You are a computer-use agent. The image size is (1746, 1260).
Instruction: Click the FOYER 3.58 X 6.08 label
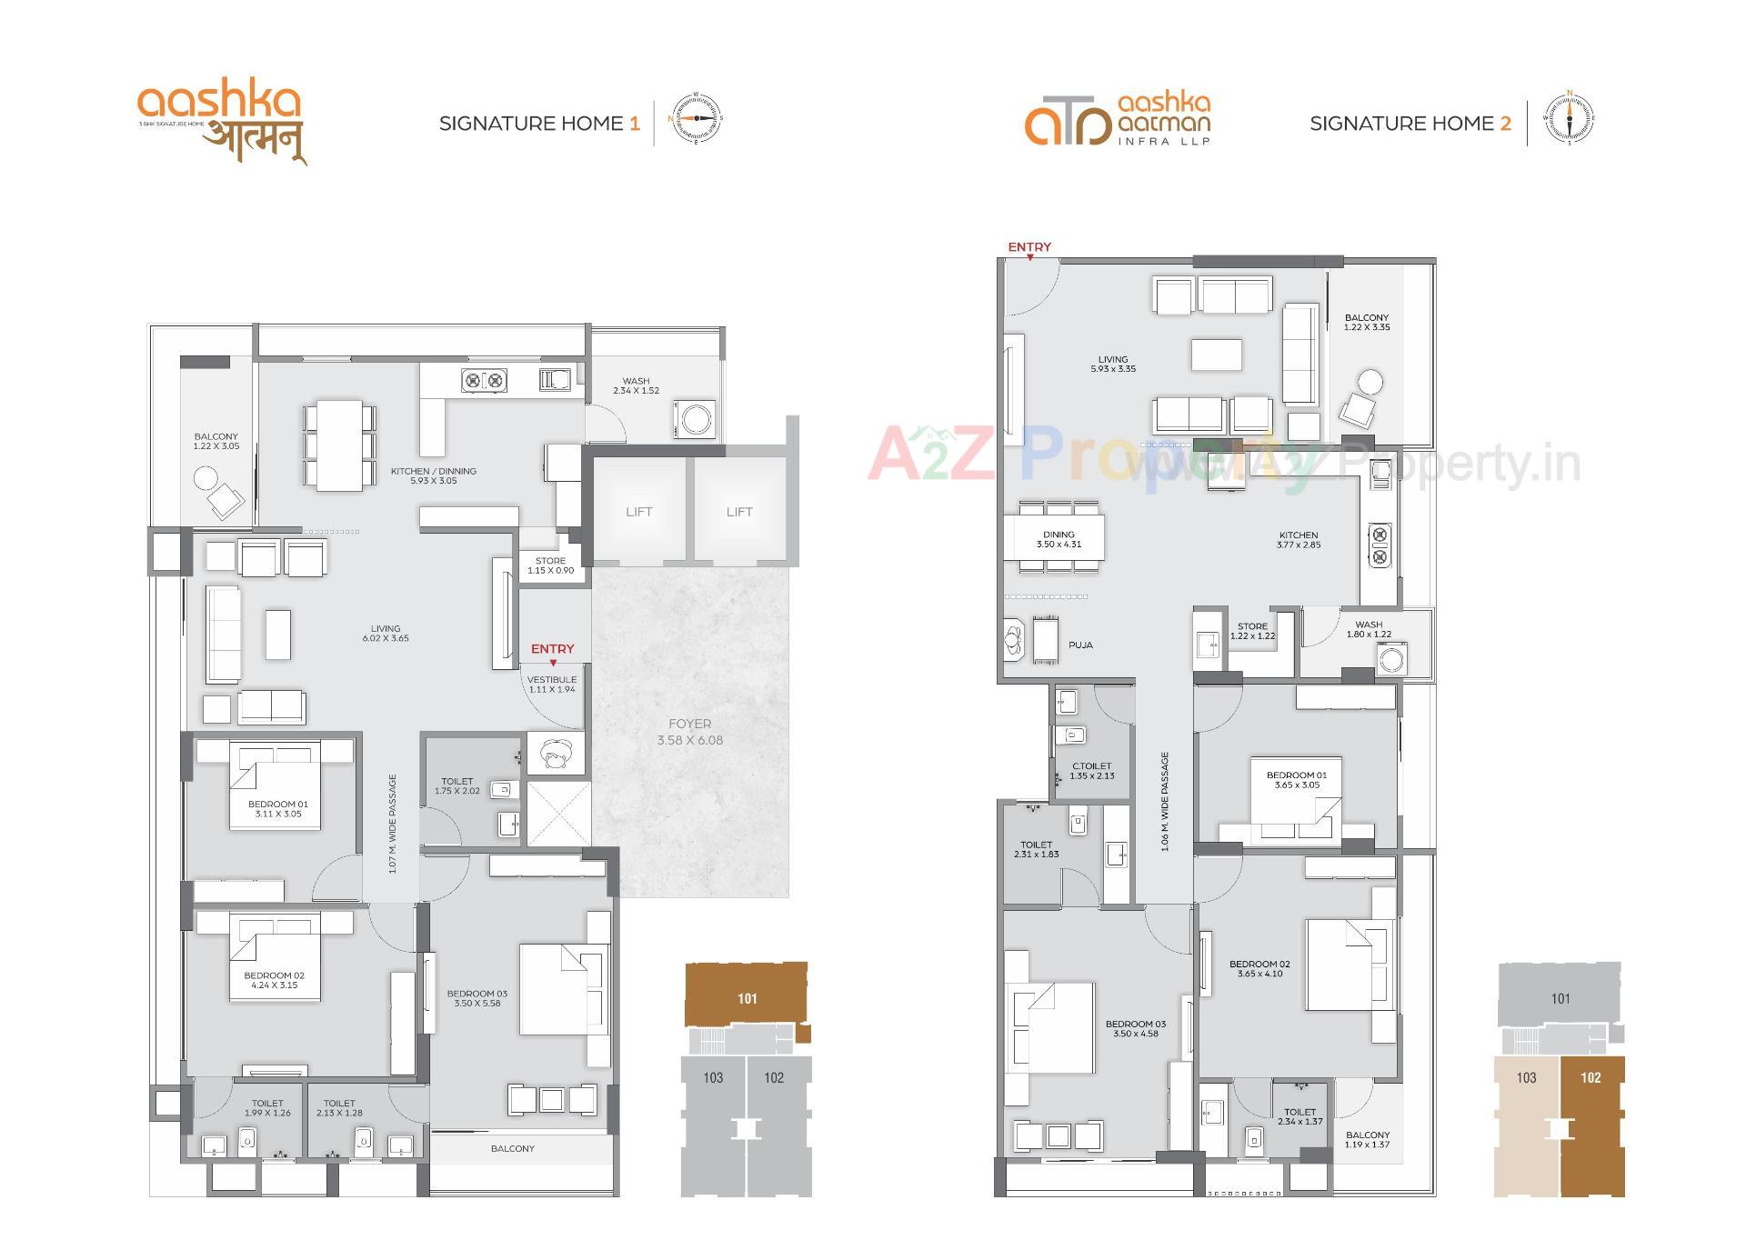[x=689, y=732]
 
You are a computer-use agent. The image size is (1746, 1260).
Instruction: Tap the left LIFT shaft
[x=638, y=512]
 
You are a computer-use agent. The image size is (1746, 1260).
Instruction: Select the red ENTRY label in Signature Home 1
[x=552, y=649]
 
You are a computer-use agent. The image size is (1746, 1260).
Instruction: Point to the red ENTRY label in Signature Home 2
[x=1029, y=247]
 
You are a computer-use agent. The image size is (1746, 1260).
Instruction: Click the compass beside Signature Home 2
[x=1569, y=119]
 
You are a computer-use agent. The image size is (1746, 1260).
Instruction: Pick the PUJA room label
[x=1080, y=645]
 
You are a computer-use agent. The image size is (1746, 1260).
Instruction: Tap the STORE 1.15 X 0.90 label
[x=550, y=565]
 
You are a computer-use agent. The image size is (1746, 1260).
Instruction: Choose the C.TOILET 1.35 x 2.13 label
[x=1091, y=771]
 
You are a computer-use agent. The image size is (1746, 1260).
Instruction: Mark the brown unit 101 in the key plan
[x=746, y=998]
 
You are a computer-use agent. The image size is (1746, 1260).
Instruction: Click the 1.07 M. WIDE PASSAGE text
[x=393, y=824]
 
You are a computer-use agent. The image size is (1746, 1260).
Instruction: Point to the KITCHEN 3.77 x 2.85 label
[x=1298, y=540]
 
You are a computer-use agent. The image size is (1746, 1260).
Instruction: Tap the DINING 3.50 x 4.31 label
[x=1059, y=540]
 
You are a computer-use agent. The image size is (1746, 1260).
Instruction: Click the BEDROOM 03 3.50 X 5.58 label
[x=477, y=998]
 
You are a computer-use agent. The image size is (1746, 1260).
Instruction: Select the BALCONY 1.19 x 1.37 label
[x=1367, y=1139]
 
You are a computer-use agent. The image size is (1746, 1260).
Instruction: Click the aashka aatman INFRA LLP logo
[x=1118, y=119]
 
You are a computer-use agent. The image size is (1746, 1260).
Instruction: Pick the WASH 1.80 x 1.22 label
[x=1368, y=629]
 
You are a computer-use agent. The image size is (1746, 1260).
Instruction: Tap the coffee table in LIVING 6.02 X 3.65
[x=278, y=634]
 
